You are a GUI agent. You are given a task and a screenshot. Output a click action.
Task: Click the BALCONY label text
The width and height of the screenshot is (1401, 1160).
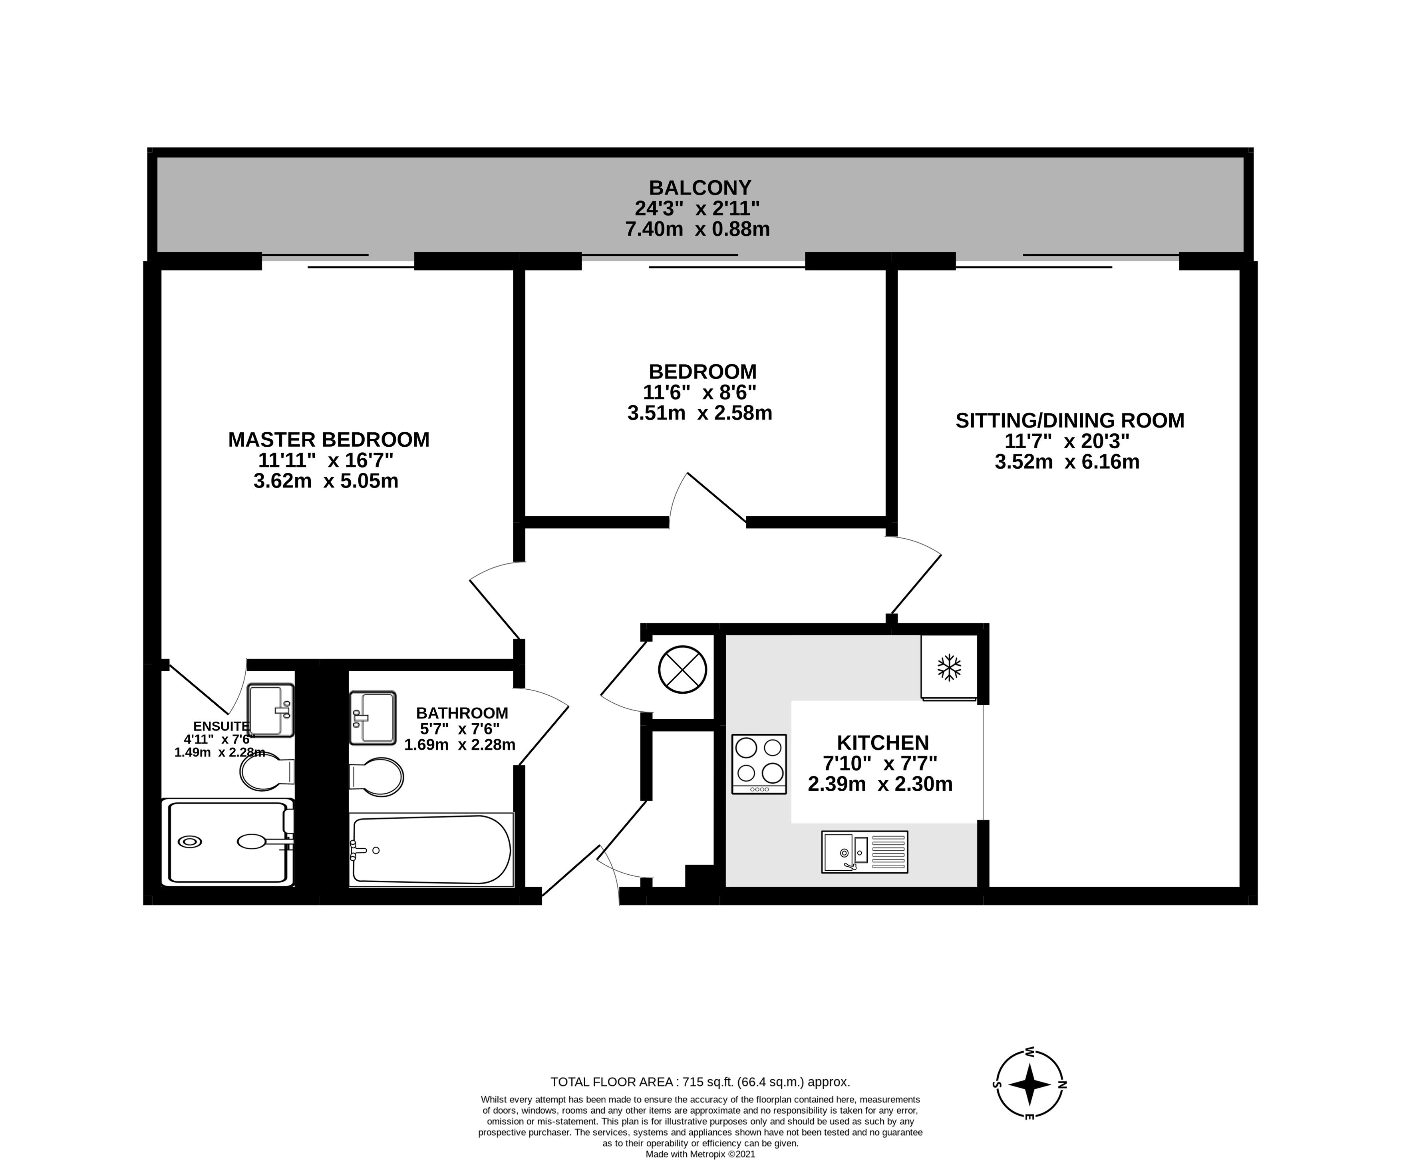(701, 187)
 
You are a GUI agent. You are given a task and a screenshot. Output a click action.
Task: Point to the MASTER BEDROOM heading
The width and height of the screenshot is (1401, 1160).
(329, 440)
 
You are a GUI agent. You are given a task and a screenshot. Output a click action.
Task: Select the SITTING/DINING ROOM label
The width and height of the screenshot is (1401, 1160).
(1070, 420)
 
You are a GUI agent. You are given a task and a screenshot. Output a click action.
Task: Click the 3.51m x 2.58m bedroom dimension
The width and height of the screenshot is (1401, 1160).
(700, 413)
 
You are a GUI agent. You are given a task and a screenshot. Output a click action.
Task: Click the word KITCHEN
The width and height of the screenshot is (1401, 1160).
(882, 743)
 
